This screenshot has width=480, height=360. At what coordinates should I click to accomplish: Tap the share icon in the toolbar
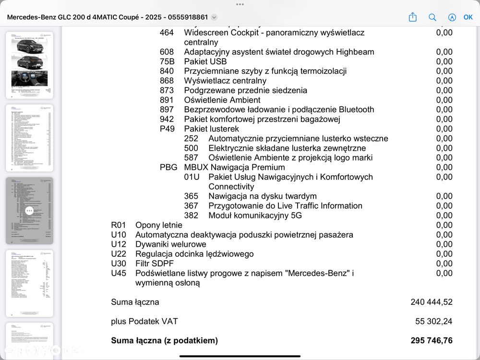[x=413, y=17]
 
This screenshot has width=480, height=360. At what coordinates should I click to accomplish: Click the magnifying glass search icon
[x=432, y=17]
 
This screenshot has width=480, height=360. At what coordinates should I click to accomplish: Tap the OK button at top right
[x=468, y=17]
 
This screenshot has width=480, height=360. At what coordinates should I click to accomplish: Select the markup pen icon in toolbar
[x=452, y=17]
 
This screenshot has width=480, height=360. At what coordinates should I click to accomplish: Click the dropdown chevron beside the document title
[x=214, y=17]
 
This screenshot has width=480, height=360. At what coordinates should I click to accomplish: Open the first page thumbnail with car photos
[x=30, y=65]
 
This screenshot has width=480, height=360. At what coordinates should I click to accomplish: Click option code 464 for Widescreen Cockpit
[x=167, y=33]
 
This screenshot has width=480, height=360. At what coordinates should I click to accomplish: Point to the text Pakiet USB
[x=205, y=61]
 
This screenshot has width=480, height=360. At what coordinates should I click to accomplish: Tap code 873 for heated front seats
[x=167, y=90]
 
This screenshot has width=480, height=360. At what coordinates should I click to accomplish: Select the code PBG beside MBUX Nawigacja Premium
[x=168, y=167]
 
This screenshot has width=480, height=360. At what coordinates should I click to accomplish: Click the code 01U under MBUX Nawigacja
[x=192, y=177]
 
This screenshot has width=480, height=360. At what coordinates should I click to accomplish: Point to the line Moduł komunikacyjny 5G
[x=255, y=216]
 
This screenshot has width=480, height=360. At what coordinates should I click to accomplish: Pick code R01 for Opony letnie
[x=119, y=225]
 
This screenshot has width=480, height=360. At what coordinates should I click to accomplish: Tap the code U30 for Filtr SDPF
[x=119, y=264]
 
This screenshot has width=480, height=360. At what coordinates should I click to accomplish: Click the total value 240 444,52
[x=432, y=302]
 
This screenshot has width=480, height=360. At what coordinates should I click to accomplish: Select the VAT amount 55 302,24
[x=433, y=321]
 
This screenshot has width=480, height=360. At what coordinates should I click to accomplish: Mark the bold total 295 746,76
[x=432, y=340]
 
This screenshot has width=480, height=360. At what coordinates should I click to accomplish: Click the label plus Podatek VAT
[x=144, y=321]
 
